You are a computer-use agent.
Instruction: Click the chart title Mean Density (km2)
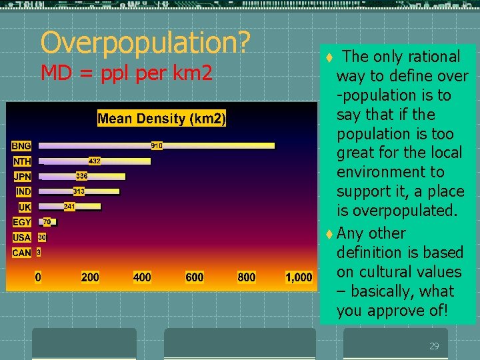pyautogui.click(x=162, y=119)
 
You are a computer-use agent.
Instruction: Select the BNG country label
pyautogui.click(x=21, y=145)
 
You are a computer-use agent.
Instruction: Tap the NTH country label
pyautogui.click(x=22, y=161)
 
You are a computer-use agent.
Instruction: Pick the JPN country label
pyautogui.click(x=22, y=177)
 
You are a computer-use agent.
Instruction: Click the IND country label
pyautogui.click(x=23, y=192)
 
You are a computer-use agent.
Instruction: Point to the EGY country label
pyautogui.click(x=22, y=222)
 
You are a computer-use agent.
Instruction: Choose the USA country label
pyautogui.click(x=22, y=237)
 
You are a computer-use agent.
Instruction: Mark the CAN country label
pyautogui.click(x=22, y=253)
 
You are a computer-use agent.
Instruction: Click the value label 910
pyautogui.click(x=157, y=145)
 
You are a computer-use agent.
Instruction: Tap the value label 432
pyautogui.click(x=95, y=161)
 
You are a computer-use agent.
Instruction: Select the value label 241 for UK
pyautogui.click(x=69, y=207)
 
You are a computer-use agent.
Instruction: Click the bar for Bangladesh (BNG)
pyautogui.click(x=213, y=145)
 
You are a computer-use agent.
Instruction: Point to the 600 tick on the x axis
pyautogui.click(x=195, y=277)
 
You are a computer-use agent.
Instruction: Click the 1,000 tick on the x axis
pyautogui.click(x=299, y=277)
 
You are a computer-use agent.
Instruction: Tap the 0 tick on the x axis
pyautogui.click(x=38, y=277)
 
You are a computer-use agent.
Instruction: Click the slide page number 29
pyautogui.click(x=434, y=346)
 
